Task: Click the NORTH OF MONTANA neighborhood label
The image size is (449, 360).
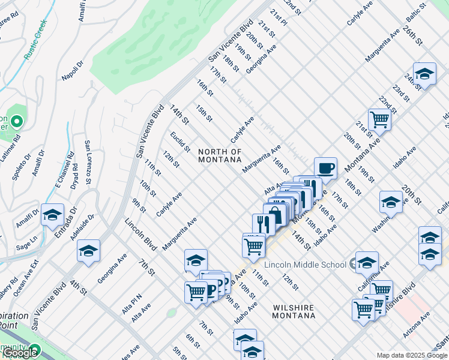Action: [220, 156]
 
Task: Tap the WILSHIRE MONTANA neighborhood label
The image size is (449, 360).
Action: [294, 311]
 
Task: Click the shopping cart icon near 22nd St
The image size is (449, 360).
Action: [379, 119]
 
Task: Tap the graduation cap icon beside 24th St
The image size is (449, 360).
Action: [424, 74]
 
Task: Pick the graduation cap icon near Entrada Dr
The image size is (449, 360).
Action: [52, 214]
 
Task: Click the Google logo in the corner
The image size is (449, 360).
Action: [20, 353]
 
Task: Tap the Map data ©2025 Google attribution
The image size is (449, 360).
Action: [411, 355]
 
